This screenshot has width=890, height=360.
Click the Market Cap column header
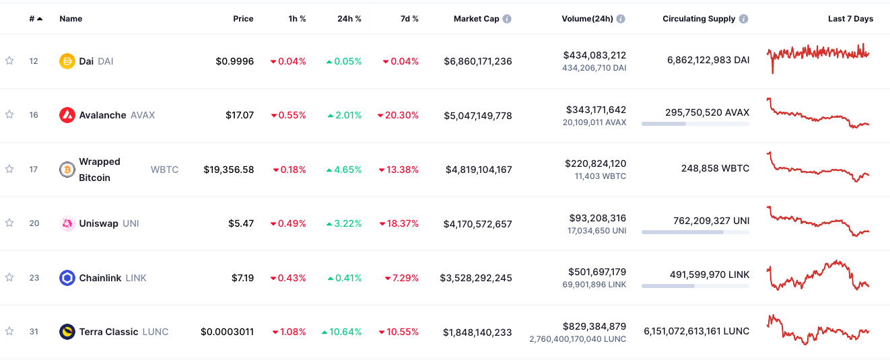point(477,19)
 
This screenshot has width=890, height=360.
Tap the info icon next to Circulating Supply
point(743,19)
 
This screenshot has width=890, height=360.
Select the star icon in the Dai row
point(9,61)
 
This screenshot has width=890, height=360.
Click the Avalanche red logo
point(67,115)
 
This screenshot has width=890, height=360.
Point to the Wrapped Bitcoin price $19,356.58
point(229,170)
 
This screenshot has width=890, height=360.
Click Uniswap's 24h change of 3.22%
point(344,223)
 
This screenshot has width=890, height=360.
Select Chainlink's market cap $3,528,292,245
point(476,278)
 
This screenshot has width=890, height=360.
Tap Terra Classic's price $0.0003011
point(227,332)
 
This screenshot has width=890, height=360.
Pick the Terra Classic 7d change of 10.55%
point(399,332)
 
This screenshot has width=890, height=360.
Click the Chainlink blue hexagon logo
point(67,278)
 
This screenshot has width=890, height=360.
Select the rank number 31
point(34,332)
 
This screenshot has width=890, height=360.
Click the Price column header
point(243,19)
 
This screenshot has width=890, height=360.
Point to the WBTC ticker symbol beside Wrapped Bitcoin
point(164,170)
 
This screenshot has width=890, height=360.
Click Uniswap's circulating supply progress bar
point(695,232)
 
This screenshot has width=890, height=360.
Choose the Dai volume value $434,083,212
point(594,55)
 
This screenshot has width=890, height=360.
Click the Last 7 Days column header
point(850,19)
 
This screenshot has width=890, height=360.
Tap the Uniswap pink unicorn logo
point(67,223)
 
